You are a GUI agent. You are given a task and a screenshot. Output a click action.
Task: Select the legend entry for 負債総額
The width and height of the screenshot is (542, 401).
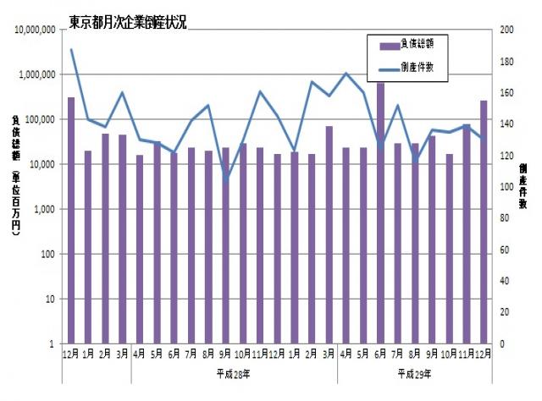click(x=415, y=42)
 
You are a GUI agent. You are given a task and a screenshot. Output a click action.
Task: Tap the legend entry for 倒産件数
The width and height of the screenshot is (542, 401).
click(x=415, y=65)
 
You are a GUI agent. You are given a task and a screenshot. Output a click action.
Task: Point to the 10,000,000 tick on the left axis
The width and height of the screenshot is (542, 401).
click(x=32, y=30)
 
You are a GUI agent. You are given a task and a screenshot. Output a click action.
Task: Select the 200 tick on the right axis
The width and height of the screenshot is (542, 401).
click(x=507, y=30)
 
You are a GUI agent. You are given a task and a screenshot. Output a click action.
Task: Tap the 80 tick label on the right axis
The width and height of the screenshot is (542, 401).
click(x=505, y=218)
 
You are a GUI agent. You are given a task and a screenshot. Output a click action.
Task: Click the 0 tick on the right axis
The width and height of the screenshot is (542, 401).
click(x=502, y=344)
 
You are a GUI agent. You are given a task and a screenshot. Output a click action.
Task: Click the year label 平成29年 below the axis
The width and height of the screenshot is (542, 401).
click(x=414, y=372)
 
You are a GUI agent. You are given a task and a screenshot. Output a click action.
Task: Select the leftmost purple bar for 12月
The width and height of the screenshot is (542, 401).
click(x=71, y=221)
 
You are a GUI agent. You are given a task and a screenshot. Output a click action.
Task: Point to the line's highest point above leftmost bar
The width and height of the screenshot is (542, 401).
click(x=72, y=50)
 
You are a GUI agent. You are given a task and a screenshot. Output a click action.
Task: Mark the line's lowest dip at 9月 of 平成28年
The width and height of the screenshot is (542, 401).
click(x=226, y=179)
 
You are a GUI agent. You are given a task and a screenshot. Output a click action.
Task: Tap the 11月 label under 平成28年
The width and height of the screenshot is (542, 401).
click(x=260, y=354)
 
